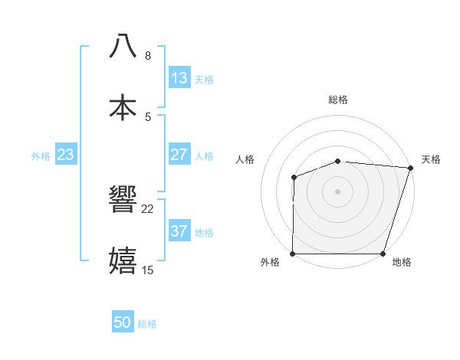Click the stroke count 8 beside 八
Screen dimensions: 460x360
148,56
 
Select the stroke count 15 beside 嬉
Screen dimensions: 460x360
148,270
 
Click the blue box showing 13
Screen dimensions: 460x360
179,78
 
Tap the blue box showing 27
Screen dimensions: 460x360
179,155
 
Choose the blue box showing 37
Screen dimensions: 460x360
179,231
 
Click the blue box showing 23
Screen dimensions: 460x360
65,155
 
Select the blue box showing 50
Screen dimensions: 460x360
123,322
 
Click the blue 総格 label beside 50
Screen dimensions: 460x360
147,324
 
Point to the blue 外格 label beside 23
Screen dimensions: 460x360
41,156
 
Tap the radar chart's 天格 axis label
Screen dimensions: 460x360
431,159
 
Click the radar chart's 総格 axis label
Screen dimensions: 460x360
338,100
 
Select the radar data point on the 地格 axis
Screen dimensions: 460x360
383,254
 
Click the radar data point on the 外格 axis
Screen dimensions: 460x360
293,254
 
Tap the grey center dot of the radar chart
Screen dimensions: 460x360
338,191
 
